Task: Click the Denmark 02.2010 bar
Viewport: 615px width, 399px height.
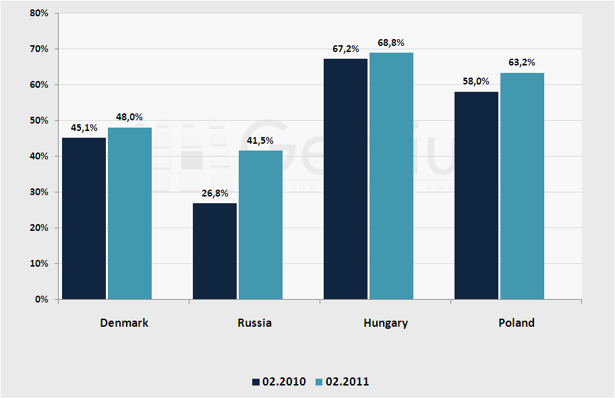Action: pos(84,218)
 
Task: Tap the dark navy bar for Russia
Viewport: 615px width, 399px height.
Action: pos(214,250)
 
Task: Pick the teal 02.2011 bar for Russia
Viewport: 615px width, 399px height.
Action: pos(260,224)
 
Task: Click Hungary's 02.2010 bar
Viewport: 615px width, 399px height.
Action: pos(345,179)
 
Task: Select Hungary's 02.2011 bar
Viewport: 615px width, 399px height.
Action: pos(391,176)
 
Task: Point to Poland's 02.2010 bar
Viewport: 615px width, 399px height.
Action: pos(476,195)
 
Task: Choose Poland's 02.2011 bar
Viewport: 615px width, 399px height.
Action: pos(522,186)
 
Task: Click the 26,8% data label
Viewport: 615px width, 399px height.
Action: pos(215,193)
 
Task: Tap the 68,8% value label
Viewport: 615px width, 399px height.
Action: pos(391,43)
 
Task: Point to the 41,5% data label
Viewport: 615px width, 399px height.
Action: pos(260,140)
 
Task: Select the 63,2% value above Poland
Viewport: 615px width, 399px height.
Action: pos(522,63)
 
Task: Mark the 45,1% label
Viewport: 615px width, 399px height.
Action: pos(84,128)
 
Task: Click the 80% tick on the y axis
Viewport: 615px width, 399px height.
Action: pos(38,14)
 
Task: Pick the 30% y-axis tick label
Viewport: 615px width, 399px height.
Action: pos(38,192)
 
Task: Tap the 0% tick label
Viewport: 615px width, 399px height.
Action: pos(40,299)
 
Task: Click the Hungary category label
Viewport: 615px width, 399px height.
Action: pos(385,323)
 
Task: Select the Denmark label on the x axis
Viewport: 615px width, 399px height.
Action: pos(124,323)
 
